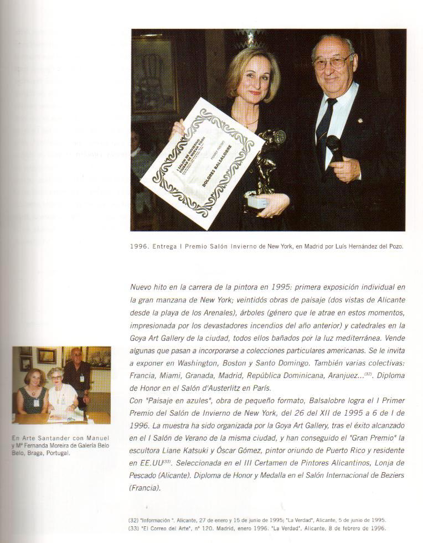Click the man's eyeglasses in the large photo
[333, 61]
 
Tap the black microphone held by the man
[335, 148]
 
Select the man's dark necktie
[324, 125]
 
